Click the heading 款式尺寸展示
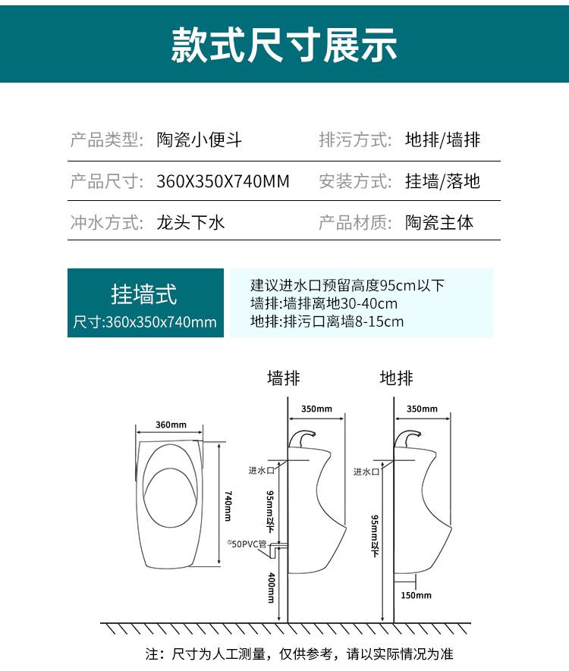[284, 45]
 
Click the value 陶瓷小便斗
[199, 140]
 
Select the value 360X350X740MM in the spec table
[222, 181]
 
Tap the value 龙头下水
[190, 222]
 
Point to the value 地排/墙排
[443, 140]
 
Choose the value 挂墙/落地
[443, 181]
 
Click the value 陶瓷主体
[439, 222]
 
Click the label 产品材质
[355, 222]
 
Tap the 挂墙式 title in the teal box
[144, 294]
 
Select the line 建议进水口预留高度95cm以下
[347, 285]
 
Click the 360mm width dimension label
[171, 425]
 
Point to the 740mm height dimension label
[228, 506]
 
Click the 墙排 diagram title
[284, 378]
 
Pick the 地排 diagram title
[397, 378]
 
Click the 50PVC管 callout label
[247, 544]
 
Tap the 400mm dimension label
[271, 588]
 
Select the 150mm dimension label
[417, 595]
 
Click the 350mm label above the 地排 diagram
[422, 409]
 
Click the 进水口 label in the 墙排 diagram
[261, 470]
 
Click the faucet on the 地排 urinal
[407, 438]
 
